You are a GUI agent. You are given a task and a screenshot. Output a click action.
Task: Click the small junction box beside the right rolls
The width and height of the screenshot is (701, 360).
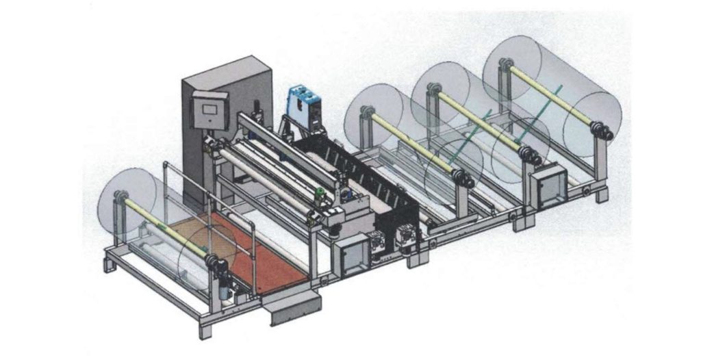[550, 186]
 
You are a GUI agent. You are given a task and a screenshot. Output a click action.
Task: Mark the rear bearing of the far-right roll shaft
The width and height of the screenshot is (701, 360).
[505, 66]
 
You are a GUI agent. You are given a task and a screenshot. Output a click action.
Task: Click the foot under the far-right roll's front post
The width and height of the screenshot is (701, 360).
[601, 195]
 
